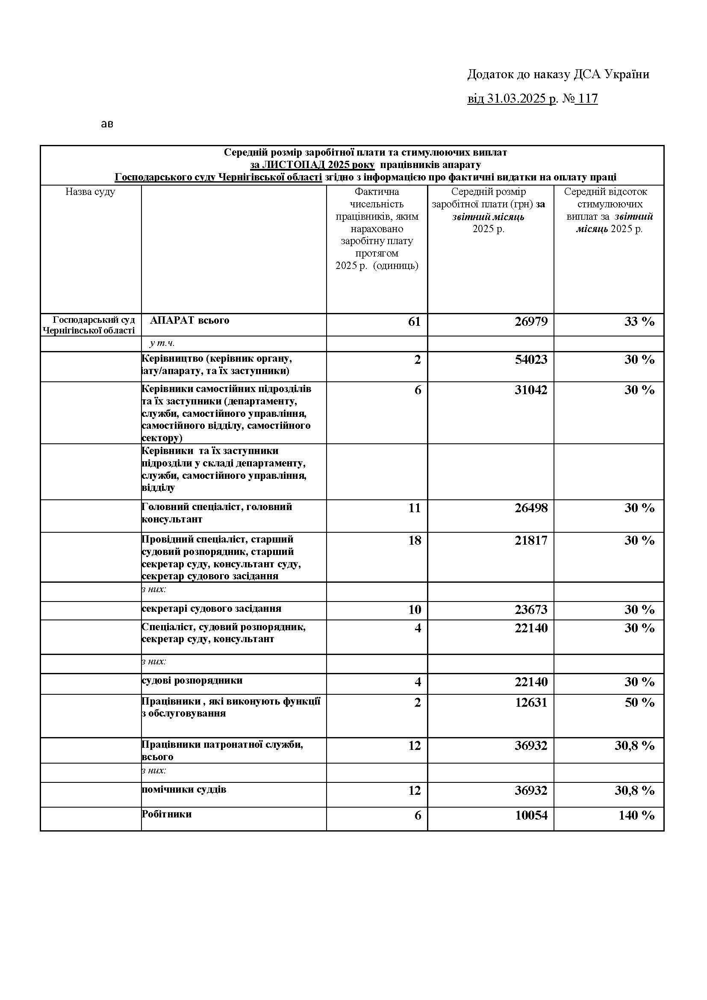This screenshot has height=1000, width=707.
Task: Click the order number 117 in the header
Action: [x=588, y=99]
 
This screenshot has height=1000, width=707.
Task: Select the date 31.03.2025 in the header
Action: [x=516, y=99]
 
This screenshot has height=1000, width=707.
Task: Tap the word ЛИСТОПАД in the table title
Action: [x=293, y=165]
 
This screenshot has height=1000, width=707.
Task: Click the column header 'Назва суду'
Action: [x=91, y=192]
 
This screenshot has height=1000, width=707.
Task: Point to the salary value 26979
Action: [x=531, y=322]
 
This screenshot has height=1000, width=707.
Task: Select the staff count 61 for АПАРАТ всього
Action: [x=414, y=322]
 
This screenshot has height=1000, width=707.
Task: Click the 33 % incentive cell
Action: [x=639, y=322]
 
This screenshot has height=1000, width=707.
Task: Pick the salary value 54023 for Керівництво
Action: [x=531, y=359]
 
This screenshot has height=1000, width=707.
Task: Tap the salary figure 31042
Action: [x=531, y=389]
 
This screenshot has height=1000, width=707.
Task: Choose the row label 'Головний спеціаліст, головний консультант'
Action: [x=217, y=513]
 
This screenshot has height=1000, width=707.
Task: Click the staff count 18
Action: [x=415, y=540]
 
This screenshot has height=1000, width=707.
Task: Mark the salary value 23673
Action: [x=531, y=609]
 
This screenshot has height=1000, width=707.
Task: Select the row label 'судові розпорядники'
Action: [x=192, y=680]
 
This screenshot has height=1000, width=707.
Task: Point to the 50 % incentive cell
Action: [x=639, y=702]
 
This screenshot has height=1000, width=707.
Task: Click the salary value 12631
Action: [x=531, y=702]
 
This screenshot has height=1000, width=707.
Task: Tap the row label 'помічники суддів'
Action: [x=184, y=789]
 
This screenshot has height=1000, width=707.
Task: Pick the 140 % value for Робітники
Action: [x=636, y=815]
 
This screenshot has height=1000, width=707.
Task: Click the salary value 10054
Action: [x=531, y=815]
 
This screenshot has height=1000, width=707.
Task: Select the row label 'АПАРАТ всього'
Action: [x=189, y=320]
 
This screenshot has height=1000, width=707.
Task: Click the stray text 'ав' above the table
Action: [x=107, y=124]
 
